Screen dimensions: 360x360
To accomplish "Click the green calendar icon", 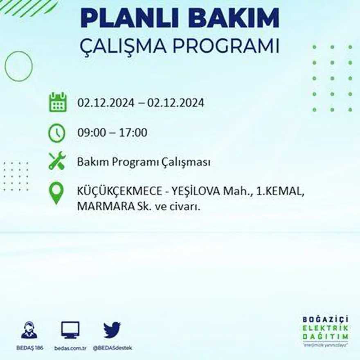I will click(58, 102).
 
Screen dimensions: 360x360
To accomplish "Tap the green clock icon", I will click(57, 133).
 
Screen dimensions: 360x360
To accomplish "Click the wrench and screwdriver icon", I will click(57, 161).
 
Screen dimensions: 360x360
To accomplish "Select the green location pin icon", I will click(56, 193).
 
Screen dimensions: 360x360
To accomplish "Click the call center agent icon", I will click(29, 330).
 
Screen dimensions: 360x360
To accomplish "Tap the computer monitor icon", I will click(70, 330).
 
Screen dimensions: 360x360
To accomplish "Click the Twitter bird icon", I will click(112, 330).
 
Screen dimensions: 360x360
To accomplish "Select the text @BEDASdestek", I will click(112, 348).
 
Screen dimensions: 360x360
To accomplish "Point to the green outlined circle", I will click(18, 66).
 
